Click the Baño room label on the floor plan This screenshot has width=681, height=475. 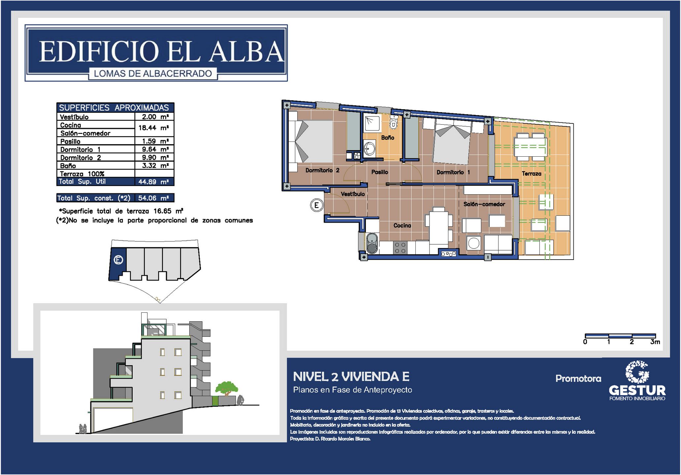pos(388,138)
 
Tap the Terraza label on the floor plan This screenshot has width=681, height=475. pos(532,174)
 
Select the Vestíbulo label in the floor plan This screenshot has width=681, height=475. pos(353,194)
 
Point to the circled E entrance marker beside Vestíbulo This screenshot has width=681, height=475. pos(316,206)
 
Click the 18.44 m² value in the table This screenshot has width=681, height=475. pos(154,128)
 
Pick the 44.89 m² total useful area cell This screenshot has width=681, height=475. pos(154,182)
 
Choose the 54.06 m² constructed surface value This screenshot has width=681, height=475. pos(154,198)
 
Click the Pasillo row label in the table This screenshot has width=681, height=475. pos(70,142)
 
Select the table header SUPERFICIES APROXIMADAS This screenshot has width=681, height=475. pos(114,108)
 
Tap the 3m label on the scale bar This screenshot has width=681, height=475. pos(655,342)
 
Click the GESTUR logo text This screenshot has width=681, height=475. pos(637,390)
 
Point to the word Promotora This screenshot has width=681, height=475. pos(578,378)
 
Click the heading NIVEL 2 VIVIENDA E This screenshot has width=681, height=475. pos(351,376)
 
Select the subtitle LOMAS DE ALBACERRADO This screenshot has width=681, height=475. pos(153,74)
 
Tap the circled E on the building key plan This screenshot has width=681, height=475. pos(118,260)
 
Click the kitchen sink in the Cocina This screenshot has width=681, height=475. pos(372,243)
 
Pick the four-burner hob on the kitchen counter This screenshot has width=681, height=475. pos(400,248)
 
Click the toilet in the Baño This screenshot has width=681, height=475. pos(393,123)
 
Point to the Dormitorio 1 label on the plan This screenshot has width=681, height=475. pos(453,172)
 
